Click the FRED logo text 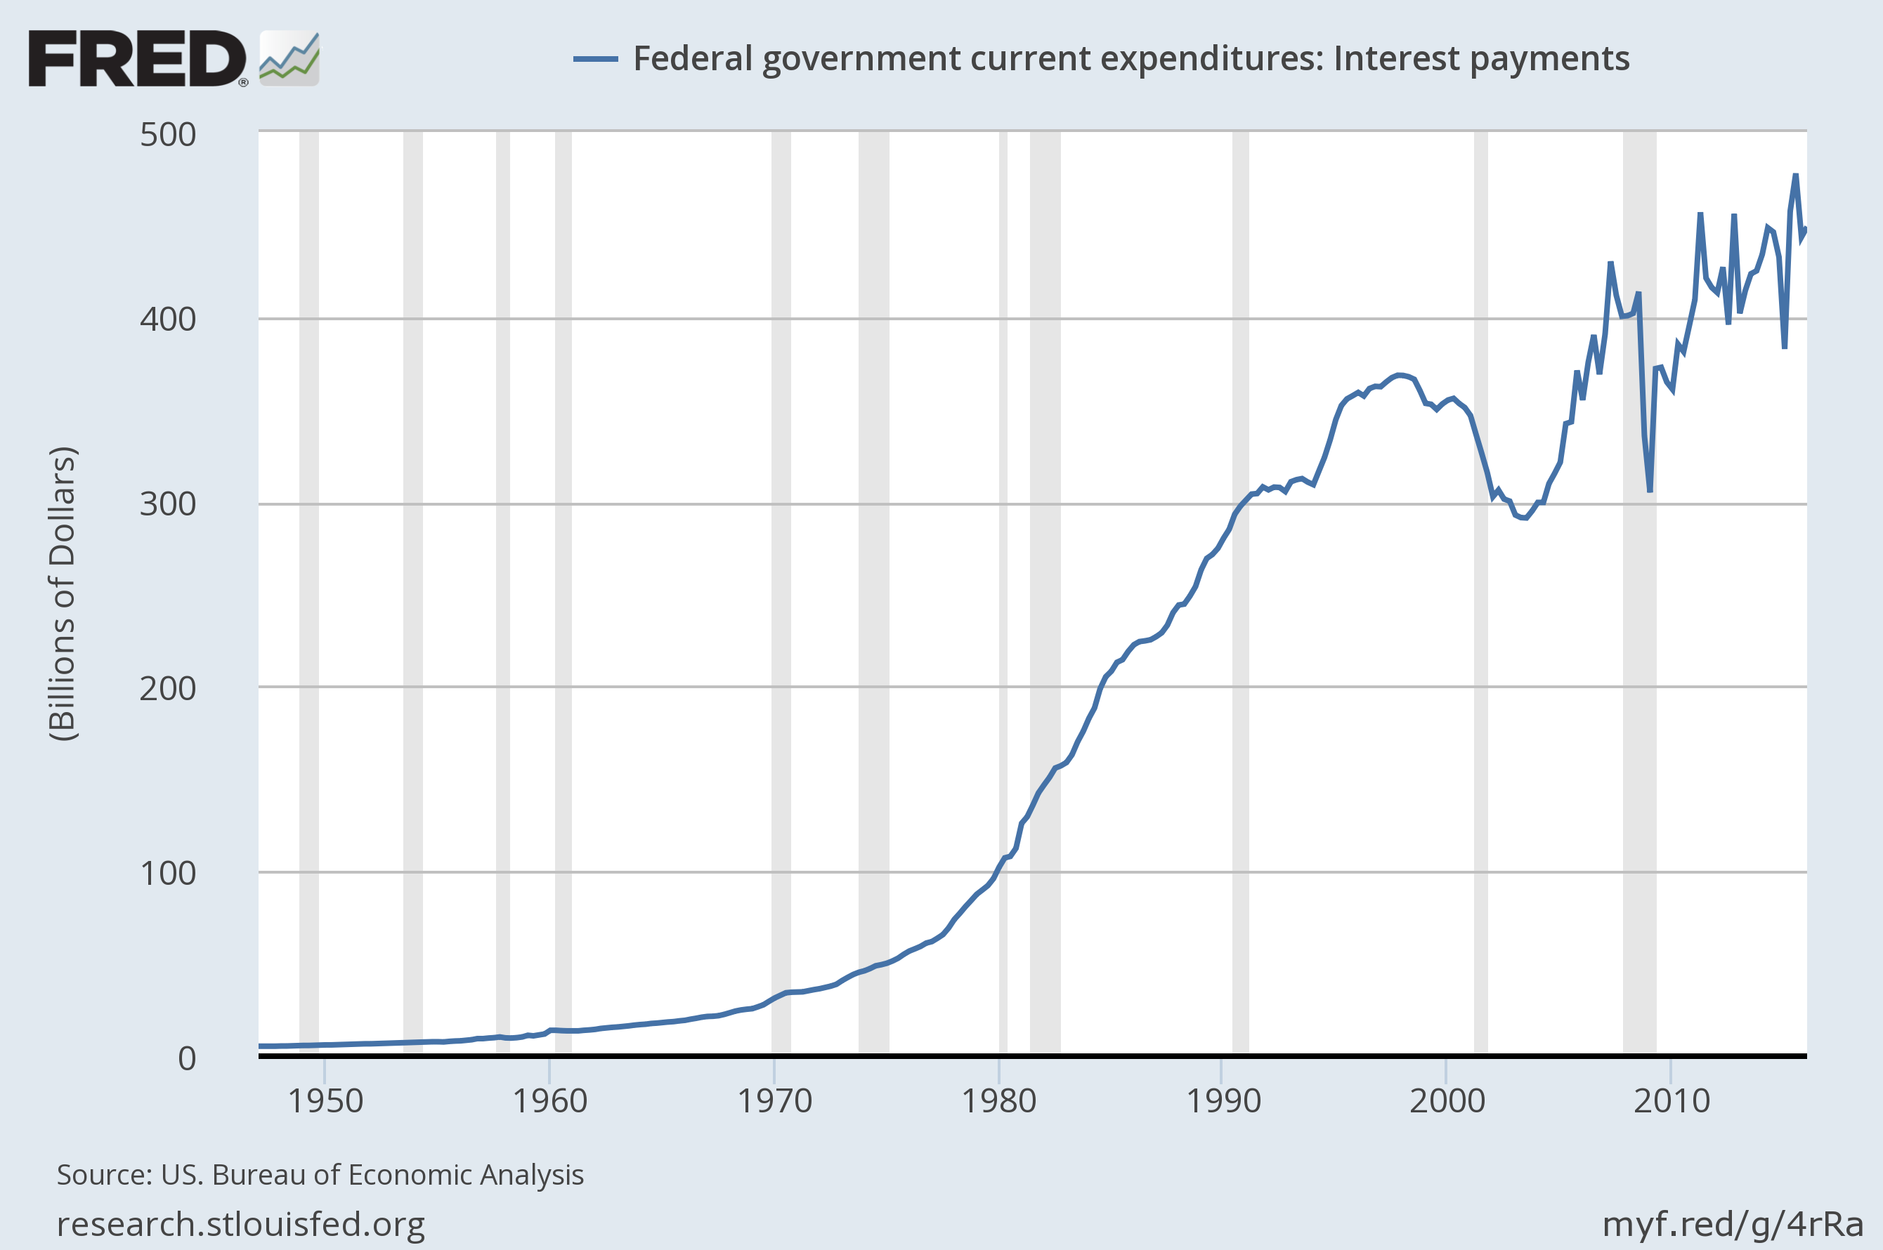click(137, 59)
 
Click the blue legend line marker click(595, 59)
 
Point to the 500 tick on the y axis click(167, 135)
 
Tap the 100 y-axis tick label click(167, 874)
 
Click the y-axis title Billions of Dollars click(63, 594)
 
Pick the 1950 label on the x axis click(325, 1102)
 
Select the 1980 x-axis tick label click(998, 1102)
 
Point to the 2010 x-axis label click(1672, 1102)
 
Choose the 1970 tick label click(774, 1102)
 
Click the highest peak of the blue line click(1795, 176)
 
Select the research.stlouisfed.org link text click(241, 1225)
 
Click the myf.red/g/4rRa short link click(1732, 1225)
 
